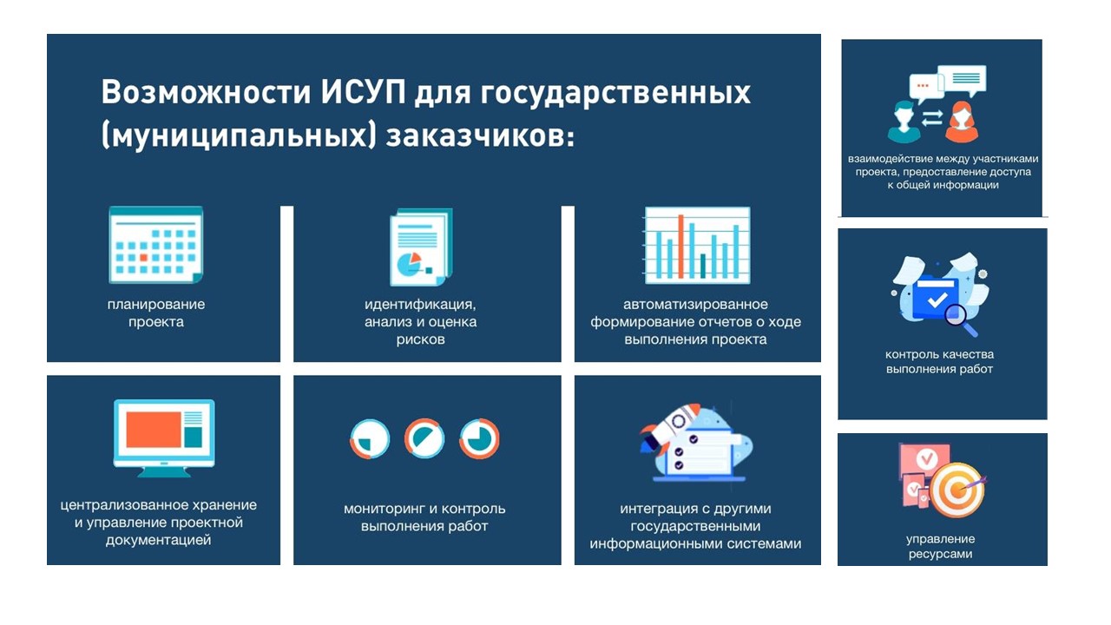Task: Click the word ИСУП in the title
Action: coord(363,92)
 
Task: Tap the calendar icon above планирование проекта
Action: coord(155,245)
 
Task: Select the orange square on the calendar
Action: coord(144,258)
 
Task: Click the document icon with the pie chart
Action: coord(421,247)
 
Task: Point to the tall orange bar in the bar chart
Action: coord(681,246)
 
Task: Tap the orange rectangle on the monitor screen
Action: coord(154,430)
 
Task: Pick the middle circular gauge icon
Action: coord(424,438)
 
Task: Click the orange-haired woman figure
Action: coord(961,122)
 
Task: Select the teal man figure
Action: coord(904,122)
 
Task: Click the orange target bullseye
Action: coord(957,490)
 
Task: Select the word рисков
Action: coord(420,339)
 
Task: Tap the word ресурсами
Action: coord(940,554)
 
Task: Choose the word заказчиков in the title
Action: coord(480,136)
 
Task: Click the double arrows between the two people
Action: coord(932,118)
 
